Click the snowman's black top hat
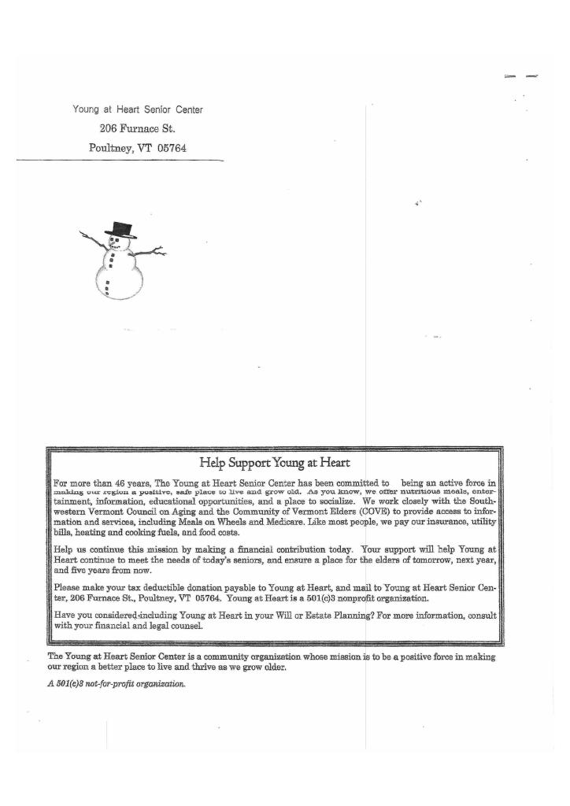coord(120,229)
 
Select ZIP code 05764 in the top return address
coord(170,148)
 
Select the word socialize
coord(335,501)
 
